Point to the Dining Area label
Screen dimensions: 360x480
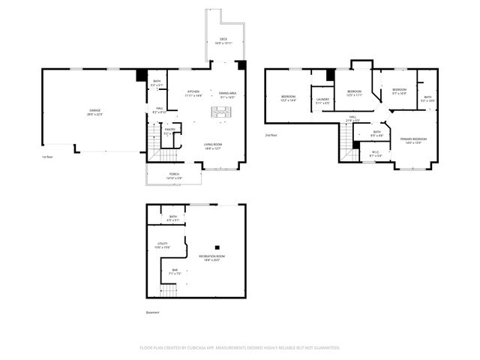228,93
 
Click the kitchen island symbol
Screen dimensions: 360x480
221,112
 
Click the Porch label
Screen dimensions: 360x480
174,175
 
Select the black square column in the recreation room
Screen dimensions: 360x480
217,247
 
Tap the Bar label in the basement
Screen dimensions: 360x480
175,271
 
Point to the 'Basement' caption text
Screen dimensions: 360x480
152,313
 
